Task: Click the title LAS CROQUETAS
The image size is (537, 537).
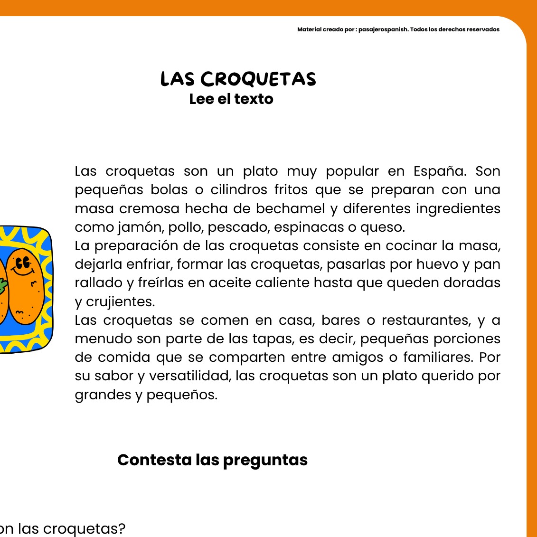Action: (238, 79)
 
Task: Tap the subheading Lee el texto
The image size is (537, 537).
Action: (231, 99)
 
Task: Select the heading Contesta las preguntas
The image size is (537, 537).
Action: (212, 460)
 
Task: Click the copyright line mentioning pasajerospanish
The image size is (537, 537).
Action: (398, 29)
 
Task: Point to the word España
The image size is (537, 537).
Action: (439, 171)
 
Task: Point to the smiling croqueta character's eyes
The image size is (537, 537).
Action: (22, 263)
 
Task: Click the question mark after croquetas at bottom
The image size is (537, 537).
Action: (122, 528)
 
